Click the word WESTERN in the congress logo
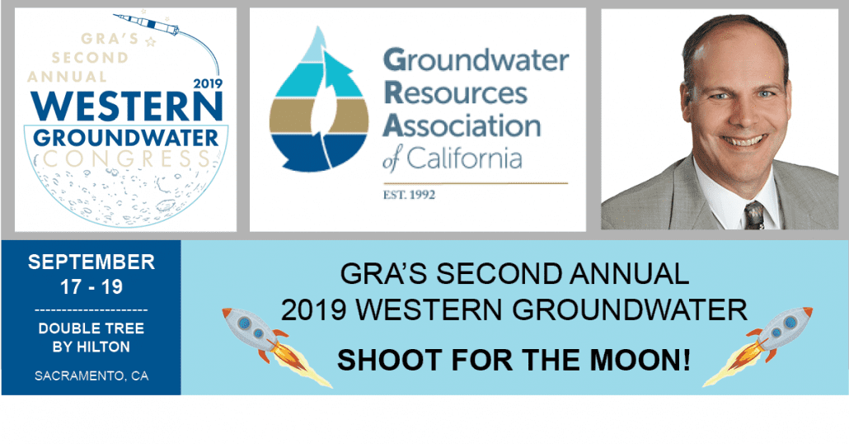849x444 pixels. (126, 106)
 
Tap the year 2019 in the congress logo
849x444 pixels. (208, 83)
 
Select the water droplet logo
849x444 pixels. (319, 102)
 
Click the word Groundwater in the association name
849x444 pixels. (476, 60)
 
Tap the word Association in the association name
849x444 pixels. (462, 125)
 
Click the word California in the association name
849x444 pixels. (464, 158)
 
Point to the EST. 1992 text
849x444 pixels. (409, 195)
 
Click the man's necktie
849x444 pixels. (753, 215)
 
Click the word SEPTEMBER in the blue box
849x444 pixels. (91, 262)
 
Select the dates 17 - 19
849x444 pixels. (91, 286)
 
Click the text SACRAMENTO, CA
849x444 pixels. (91, 376)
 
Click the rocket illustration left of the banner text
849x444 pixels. (276, 347)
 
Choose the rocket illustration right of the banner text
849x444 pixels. (758, 346)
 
